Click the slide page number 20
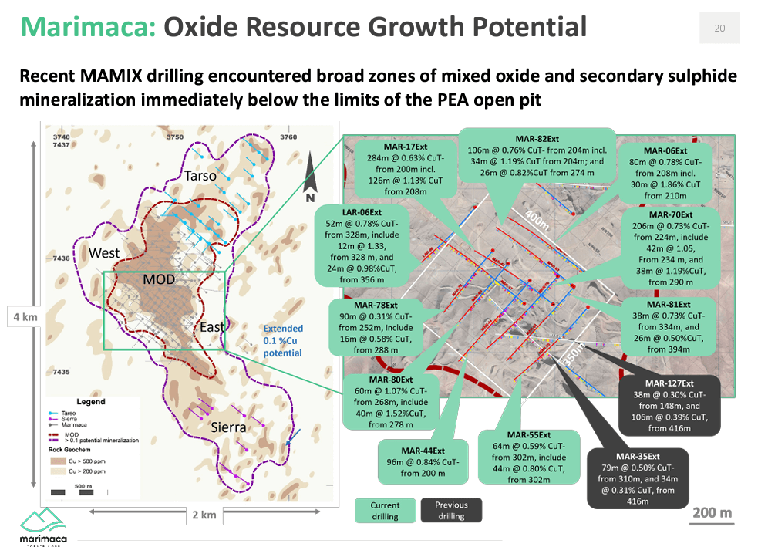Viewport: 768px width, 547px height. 719,29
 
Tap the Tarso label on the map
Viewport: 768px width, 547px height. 200,176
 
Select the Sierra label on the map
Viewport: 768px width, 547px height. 228,427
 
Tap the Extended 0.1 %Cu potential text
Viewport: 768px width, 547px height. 282,340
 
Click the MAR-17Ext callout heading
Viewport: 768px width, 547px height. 405,147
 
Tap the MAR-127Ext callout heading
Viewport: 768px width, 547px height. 669,383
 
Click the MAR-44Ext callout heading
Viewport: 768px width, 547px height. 423,451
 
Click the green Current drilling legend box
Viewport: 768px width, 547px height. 385,511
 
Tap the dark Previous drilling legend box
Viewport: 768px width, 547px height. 451,511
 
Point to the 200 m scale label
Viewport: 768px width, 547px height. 712,512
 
